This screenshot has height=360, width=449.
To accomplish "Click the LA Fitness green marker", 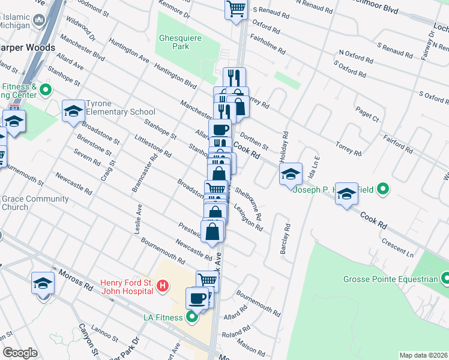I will coord(192,316).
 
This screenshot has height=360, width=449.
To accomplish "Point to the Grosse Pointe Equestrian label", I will coord(390,279).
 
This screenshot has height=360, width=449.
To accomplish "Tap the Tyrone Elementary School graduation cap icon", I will coord(73,111).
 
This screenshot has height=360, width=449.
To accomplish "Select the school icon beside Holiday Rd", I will coord(291,174).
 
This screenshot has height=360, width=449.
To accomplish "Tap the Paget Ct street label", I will coord(367,115).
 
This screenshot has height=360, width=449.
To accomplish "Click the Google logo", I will coord(20,353).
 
